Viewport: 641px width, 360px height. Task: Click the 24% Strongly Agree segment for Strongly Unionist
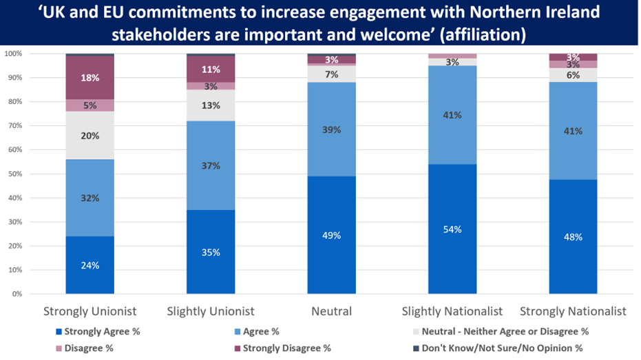click(90, 265)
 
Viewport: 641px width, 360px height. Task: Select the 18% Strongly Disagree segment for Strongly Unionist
click(90, 77)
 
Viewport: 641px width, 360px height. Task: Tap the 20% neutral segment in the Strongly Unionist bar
click(90, 136)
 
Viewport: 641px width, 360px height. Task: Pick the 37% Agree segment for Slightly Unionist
click(211, 165)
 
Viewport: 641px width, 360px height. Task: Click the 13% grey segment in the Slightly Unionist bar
click(211, 105)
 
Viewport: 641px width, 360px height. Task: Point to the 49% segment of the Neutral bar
click(331, 235)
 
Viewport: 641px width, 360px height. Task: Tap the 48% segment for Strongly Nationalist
click(572, 236)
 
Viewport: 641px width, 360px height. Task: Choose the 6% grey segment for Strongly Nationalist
click(572, 75)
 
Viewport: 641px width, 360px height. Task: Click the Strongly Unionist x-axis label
click(90, 311)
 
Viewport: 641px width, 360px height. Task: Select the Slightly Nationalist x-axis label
click(452, 311)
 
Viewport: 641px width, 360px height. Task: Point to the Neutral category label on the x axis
click(331, 311)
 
